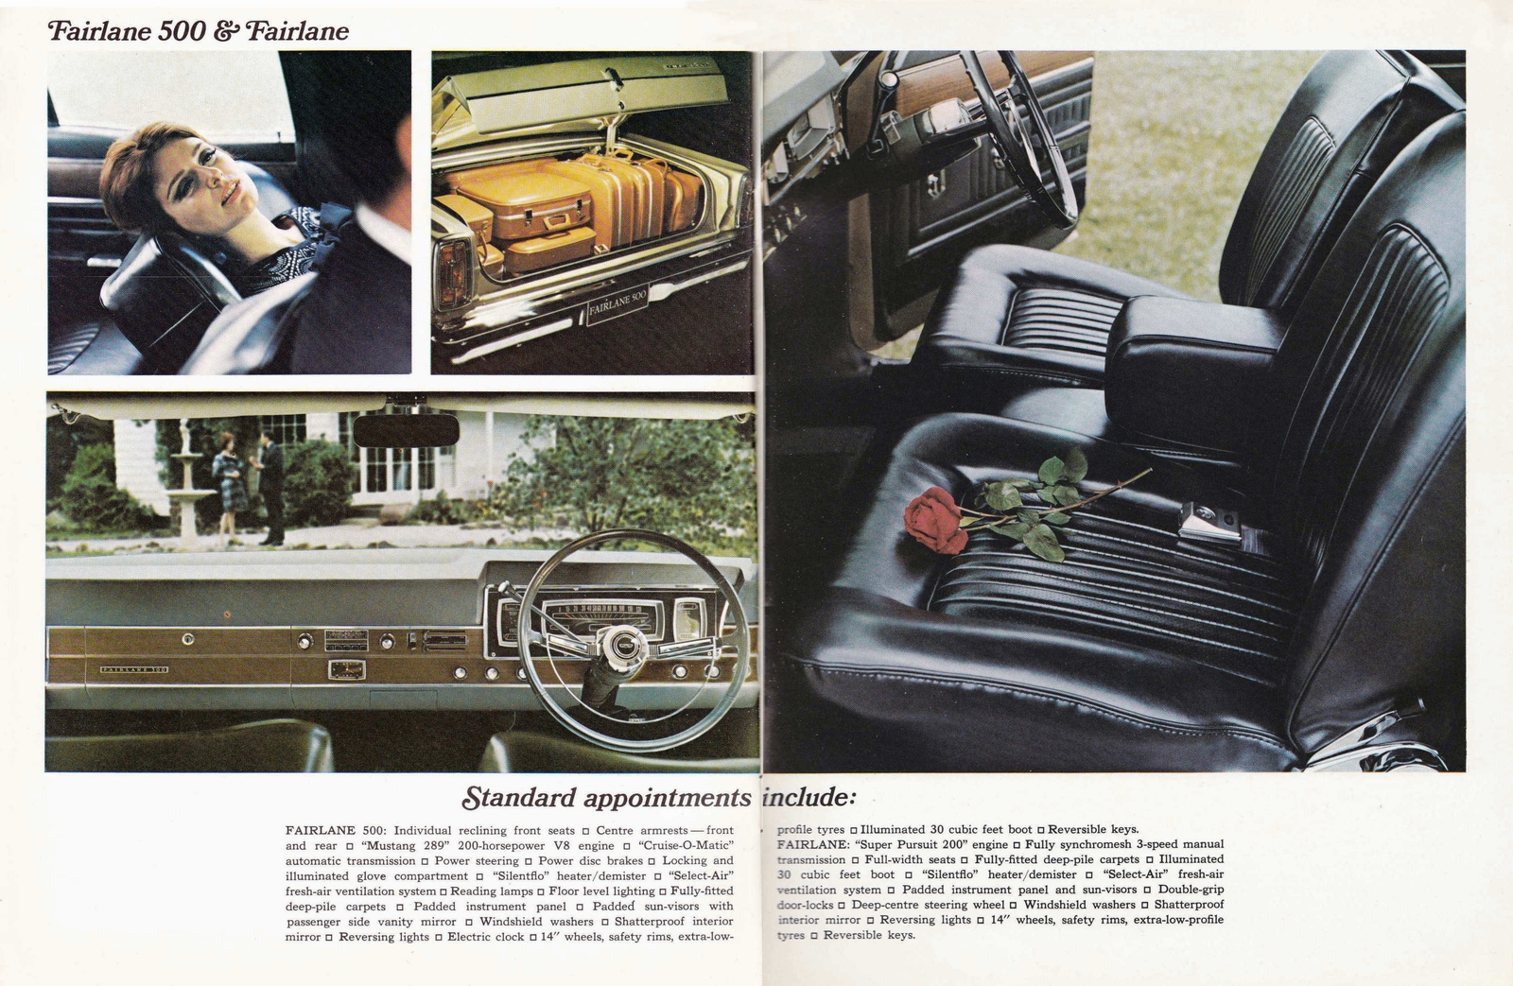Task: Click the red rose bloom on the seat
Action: click(x=934, y=519)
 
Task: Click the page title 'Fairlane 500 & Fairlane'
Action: click(x=199, y=31)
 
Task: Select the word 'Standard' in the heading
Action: click(x=519, y=798)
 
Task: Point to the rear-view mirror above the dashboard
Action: click(x=406, y=430)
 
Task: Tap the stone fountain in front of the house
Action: click(x=189, y=492)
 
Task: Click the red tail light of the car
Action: click(x=453, y=274)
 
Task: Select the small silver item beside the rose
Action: click(x=1209, y=522)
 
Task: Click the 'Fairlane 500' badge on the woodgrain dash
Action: click(x=133, y=669)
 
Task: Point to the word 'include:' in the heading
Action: click(x=809, y=797)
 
